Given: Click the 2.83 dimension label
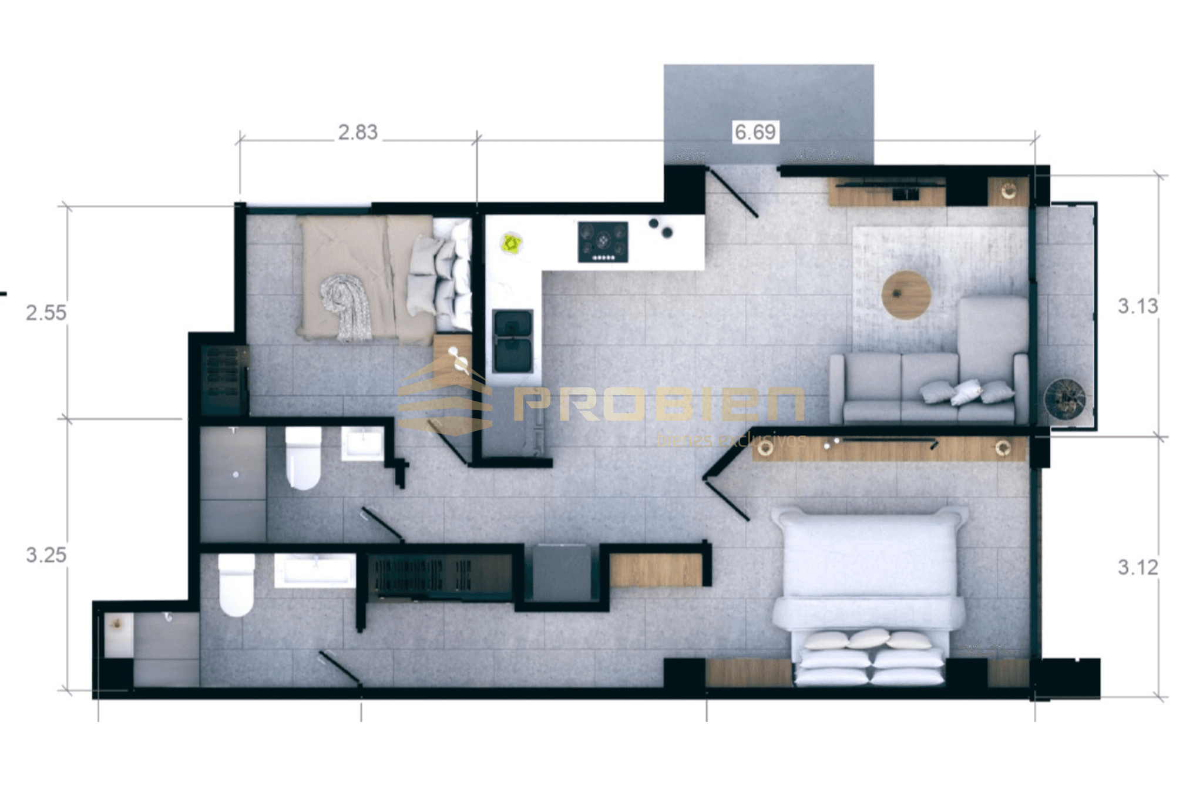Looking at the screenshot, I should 357,132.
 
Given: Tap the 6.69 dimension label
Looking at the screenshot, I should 755,132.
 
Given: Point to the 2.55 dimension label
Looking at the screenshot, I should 46,312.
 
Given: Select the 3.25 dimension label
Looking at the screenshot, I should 46,555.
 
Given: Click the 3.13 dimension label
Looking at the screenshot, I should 1137,306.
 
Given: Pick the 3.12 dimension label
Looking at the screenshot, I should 1137,567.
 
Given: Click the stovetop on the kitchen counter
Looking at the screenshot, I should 603,241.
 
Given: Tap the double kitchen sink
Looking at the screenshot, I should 513,341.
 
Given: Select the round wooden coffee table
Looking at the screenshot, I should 906,294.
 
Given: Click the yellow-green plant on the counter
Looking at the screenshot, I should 511,243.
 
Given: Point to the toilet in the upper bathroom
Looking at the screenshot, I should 303,458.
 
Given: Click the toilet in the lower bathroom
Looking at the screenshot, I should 236,585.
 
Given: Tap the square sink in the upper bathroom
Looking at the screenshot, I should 362,444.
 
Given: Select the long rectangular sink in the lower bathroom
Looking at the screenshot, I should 314,570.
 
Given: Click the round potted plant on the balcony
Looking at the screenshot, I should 1064,399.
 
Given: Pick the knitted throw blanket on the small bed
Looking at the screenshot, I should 347,307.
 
